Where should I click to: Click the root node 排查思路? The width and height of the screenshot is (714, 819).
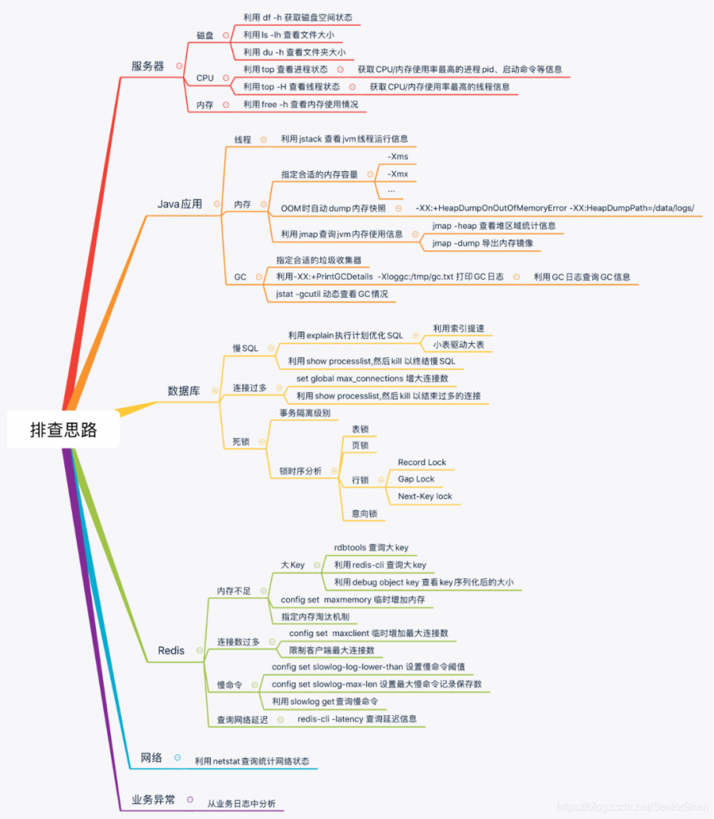pyautogui.click(x=63, y=429)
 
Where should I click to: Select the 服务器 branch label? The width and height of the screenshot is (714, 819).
pyautogui.click(x=147, y=66)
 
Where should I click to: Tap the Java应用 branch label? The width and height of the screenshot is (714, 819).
pyautogui.click(x=179, y=204)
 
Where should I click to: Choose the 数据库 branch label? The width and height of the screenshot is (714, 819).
pyautogui.click(x=183, y=390)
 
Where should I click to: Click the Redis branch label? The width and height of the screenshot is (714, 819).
pyautogui.click(x=171, y=650)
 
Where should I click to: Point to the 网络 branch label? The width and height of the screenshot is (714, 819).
pyautogui.click(x=151, y=757)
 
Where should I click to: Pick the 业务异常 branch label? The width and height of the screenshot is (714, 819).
pyautogui.click(x=153, y=799)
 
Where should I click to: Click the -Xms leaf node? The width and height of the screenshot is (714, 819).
pyautogui.click(x=397, y=157)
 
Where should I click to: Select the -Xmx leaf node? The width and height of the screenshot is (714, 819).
pyautogui.click(x=397, y=174)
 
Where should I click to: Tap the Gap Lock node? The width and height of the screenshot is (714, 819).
pyautogui.click(x=416, y=479)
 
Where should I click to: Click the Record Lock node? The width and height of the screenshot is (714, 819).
pyautogui.click(x=421, y=462)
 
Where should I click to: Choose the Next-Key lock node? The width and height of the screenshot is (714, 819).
pyautogui.click(x=425, y=496)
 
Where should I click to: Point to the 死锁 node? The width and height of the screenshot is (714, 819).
pyautogui.click(x=241, y=441)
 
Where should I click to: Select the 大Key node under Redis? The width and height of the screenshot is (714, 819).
pyautogui.click(x=292, y=565)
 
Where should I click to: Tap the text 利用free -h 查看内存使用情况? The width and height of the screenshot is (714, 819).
pyautogui.click(x=301, y=105)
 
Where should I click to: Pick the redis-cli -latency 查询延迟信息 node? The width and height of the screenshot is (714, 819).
pyautogui.click(x=357, y=719)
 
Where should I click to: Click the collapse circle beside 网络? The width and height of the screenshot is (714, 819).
pyautogui.click(x=177, y=757)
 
